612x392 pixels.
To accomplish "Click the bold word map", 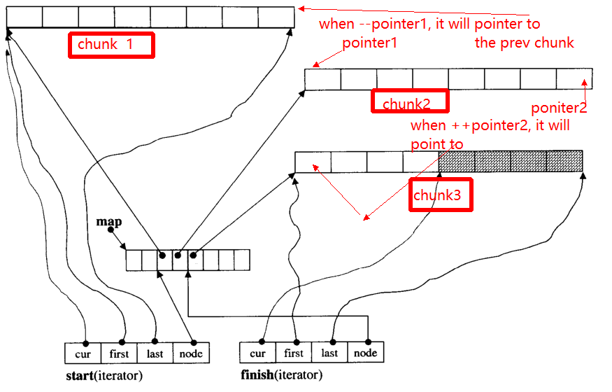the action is [x=109, y=221].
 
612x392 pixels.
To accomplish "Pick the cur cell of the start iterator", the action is [x=83, y=353].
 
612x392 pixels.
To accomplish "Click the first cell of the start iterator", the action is [x=119, y=353].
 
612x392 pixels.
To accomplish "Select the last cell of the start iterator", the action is [x=155, y=353].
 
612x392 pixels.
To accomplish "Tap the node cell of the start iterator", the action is [x=191, y=353].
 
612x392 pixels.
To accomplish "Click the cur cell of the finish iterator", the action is [x=257, y=353].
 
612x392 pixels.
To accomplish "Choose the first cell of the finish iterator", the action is [x=294, y=353].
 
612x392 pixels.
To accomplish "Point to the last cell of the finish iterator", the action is [x=329, y=353].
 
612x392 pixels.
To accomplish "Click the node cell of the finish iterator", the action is [x=365, y=353].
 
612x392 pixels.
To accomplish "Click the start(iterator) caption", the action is [x=104, y=376].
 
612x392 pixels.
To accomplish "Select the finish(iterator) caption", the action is [x=281, y=374].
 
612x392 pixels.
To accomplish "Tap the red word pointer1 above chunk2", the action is [x=369, y=43].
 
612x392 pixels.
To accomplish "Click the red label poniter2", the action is [x=559, y=108].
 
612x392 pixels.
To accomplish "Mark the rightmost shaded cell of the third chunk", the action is [x=564, y=161].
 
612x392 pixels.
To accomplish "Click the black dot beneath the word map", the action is [x=111, y=230].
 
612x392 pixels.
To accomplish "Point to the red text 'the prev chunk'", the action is [x=524, y=43].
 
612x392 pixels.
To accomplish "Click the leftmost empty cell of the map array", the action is [x=134, y=260].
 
